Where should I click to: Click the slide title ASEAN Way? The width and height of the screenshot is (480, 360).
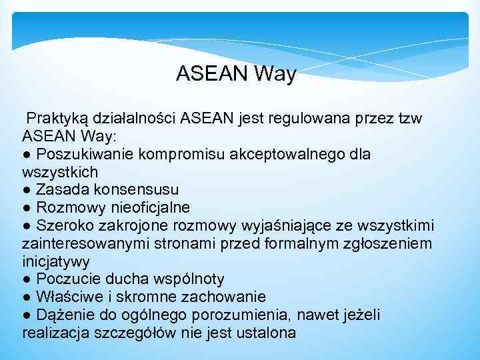(236, 74)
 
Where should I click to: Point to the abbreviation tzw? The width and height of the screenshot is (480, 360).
(408, 119)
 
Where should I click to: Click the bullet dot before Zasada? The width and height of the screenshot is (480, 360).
(26, 190)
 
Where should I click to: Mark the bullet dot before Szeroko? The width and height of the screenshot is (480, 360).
(26, 226)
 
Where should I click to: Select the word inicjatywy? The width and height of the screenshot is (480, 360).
(56, 261)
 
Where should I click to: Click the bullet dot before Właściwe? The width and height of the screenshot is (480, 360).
(26, 297)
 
